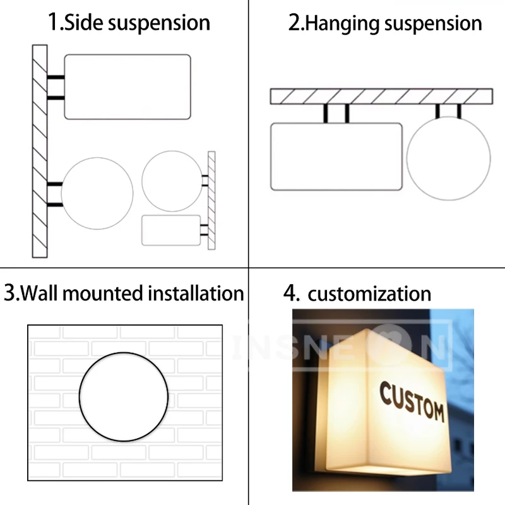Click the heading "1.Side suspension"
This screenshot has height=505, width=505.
129,23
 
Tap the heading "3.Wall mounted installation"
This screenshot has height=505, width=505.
124,293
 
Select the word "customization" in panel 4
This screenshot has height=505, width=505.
369,294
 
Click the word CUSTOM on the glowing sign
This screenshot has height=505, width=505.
412,402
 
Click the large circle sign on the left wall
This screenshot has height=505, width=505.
97,193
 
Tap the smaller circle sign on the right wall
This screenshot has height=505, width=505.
172,181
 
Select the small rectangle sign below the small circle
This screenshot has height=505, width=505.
171,230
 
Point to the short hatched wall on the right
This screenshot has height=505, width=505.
211,200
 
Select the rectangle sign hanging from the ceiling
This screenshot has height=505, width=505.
336,157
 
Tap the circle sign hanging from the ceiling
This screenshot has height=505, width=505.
448,158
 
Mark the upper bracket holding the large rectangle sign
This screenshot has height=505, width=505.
56,78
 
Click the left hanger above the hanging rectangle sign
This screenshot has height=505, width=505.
326,113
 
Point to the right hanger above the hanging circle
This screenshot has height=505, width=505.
459,111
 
